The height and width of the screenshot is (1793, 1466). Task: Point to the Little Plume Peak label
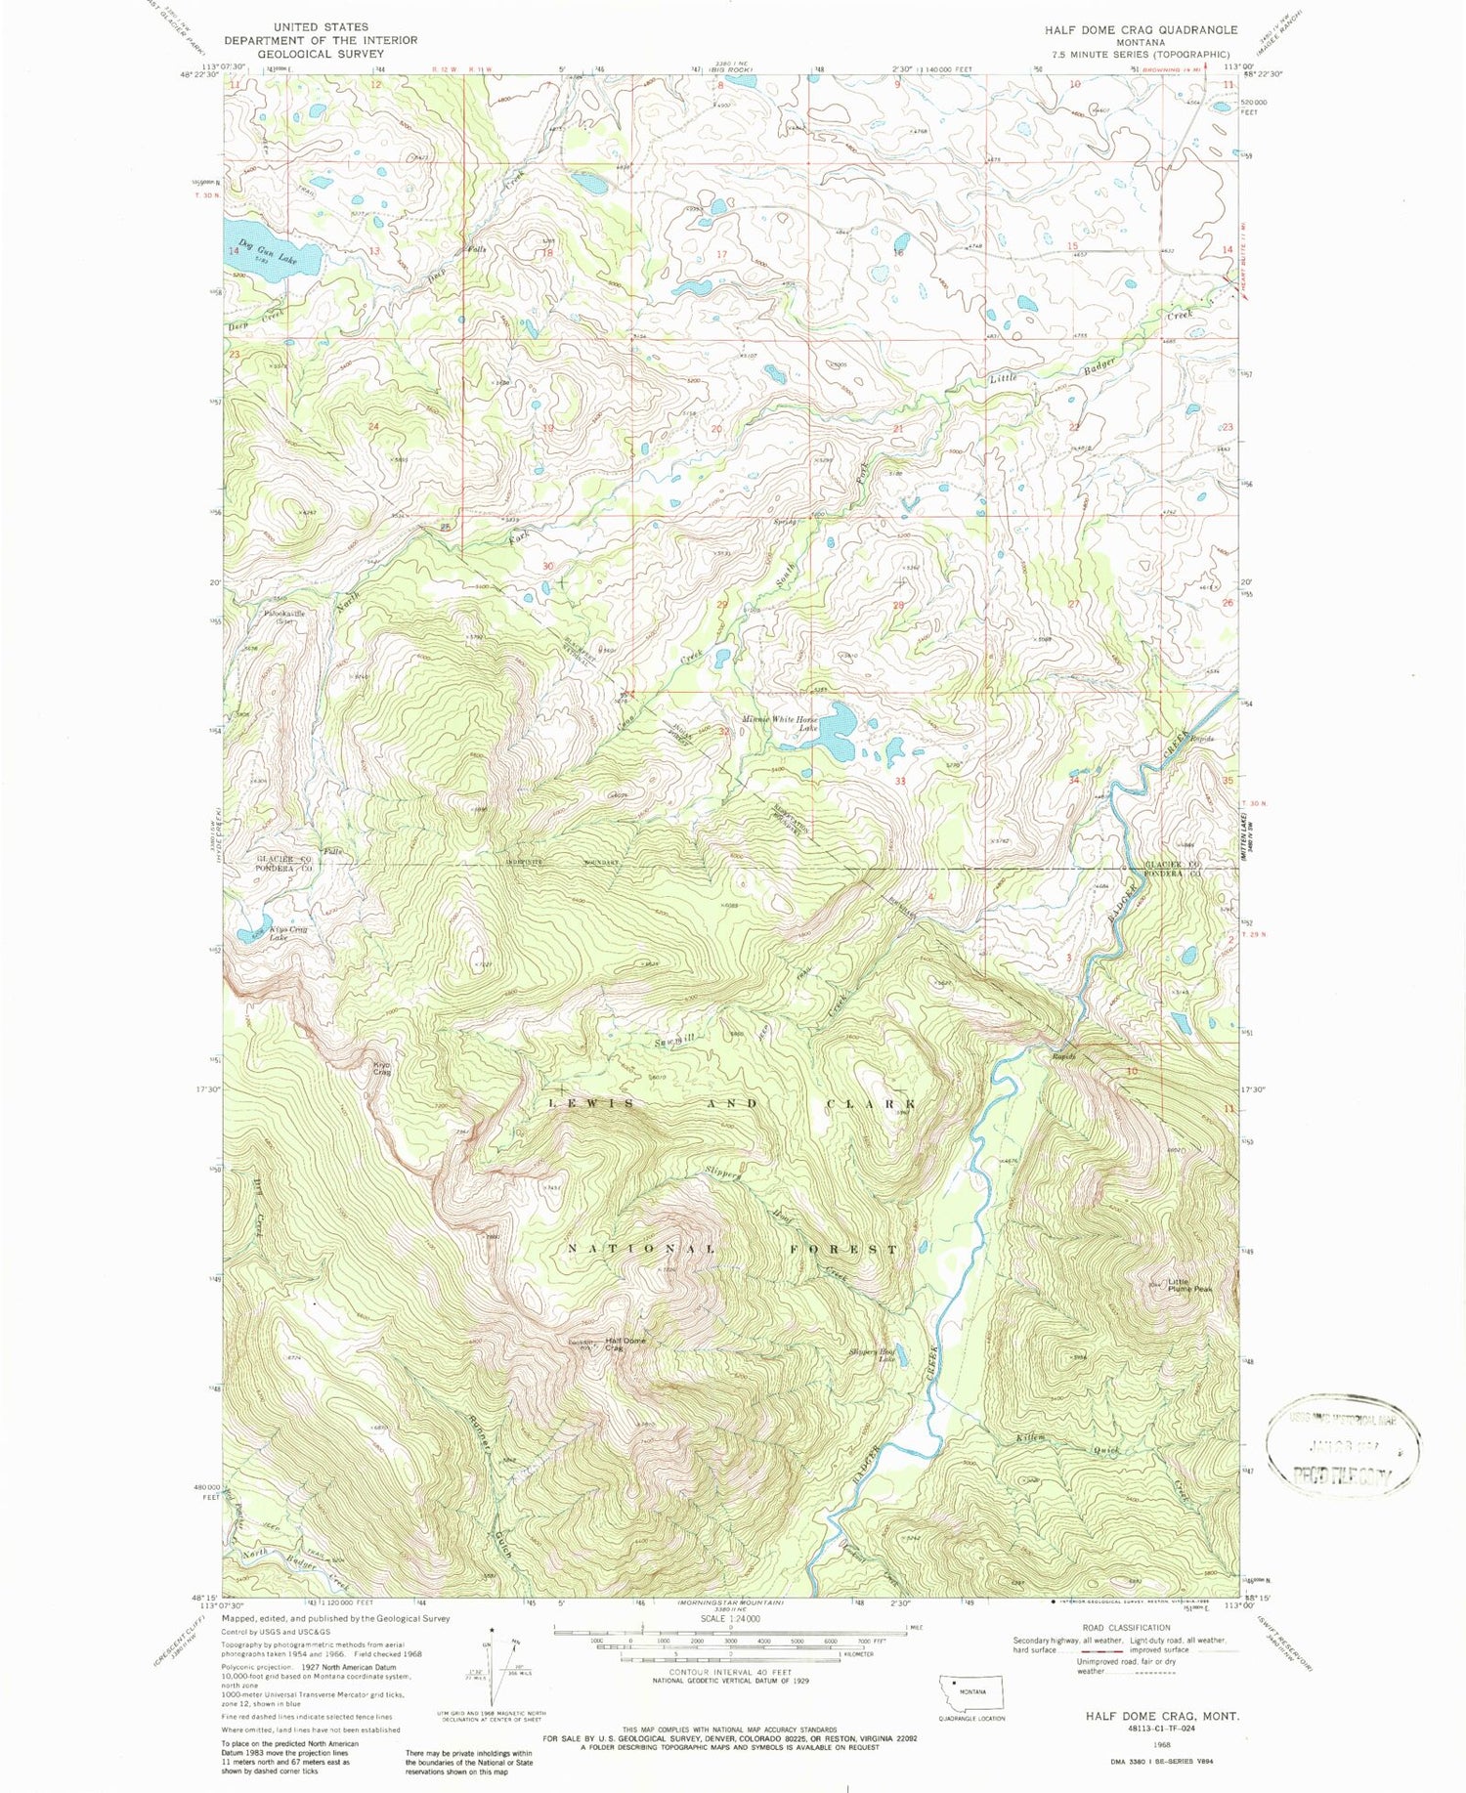[x=1188, y=1287]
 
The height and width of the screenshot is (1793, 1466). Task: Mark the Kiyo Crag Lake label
[x=286, y=932]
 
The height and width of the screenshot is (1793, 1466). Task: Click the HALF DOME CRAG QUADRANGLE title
[x=1127, y=30]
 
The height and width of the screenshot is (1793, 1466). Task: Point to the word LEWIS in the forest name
[x=590, y=1103]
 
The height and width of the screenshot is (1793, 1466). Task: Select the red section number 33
[x=900, y=782]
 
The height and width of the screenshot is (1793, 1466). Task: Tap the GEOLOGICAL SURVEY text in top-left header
[x=321, y=54]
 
